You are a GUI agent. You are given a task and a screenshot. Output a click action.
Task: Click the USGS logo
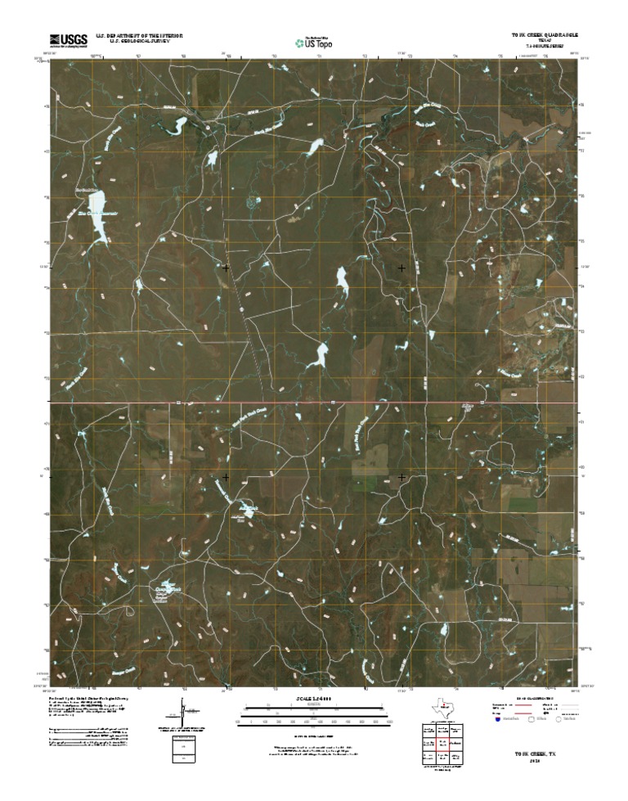pyautogui.click(x=69, y=39)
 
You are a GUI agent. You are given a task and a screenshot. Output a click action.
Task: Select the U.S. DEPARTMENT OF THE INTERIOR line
pyautogui.click(x=139, y=36)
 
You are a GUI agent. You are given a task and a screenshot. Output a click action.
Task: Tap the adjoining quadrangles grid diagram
pyautogui.click(x=442, y=743)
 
